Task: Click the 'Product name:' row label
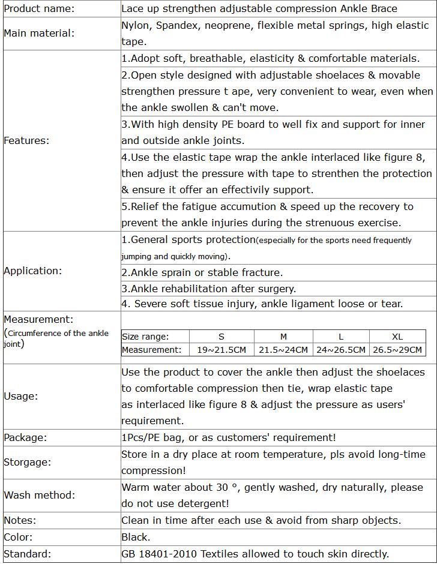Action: tap(39, 9)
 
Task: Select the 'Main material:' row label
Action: tap(39, 33)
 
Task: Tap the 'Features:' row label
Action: tap(26, 140)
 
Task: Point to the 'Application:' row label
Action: tap(32, 271)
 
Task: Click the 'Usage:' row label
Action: tap(20, 396)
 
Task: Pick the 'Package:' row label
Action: tap(25, 437)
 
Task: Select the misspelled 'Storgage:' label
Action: tap(28, 462)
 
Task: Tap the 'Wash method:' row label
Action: tap(39, 495)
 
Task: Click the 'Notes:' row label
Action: tap(20, 520)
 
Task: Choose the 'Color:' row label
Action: tap(18, 537)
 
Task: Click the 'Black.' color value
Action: tap(136, 537)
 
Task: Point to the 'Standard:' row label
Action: tap(28, 554)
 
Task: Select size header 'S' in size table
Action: tap(222, 337)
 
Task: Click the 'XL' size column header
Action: tap(397, 337)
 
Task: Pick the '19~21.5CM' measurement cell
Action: tap(222, 350)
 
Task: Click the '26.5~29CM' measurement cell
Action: tap(397, 350)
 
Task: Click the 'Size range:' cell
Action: tap(145, 337)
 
